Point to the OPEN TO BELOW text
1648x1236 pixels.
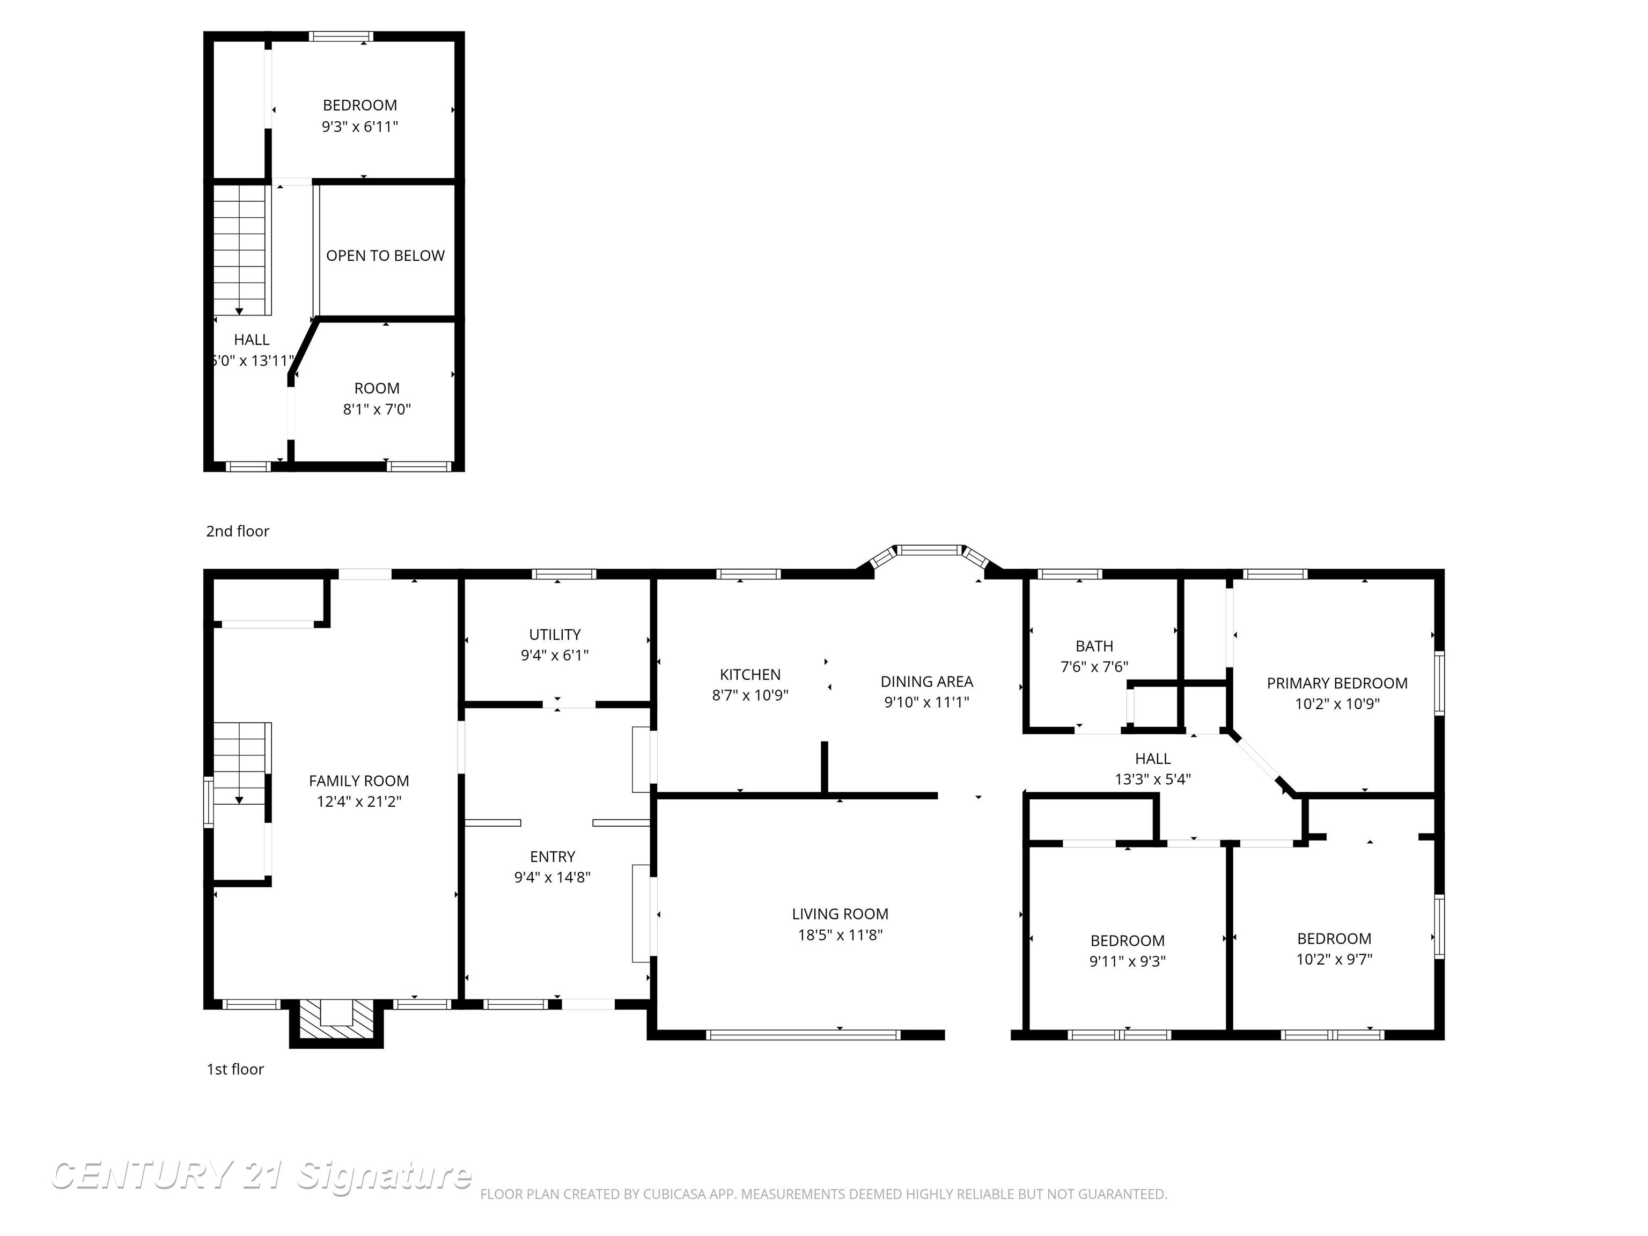pos(385,255)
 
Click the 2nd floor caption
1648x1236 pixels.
pos(238,531)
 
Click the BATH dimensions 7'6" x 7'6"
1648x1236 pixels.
pos(1094,667)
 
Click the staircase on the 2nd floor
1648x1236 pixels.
pos(240,249)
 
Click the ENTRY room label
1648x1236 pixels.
pos(552,856)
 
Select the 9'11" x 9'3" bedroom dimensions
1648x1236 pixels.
pos(1127,961)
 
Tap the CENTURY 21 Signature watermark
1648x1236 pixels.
pos(261,1176)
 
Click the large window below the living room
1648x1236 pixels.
pos(803,1034)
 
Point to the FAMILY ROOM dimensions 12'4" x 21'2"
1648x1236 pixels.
pos(358,801)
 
